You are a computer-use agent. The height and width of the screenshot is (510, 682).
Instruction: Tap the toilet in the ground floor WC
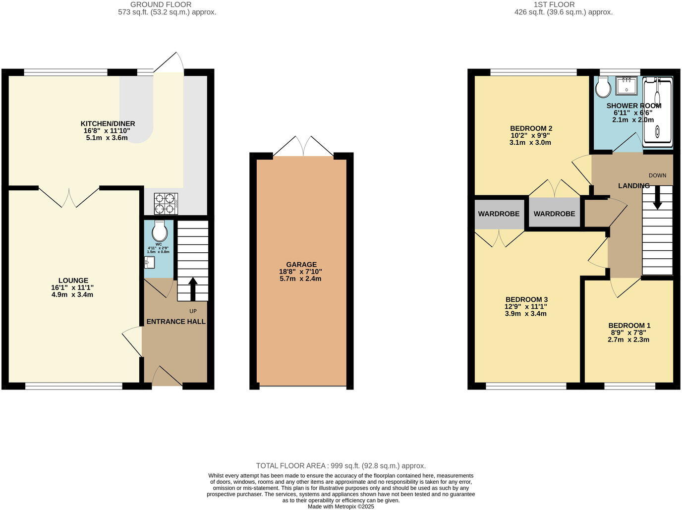point(159,231)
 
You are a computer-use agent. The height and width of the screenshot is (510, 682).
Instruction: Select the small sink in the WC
point(150,262)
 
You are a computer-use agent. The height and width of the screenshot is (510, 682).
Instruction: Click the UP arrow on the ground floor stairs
point(192,289)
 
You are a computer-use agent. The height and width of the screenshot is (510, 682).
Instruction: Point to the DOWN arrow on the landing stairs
point(657,197)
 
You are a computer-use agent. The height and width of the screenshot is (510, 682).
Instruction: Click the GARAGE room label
point(301,265)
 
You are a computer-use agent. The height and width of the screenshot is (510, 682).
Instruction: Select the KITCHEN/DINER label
point(108,124)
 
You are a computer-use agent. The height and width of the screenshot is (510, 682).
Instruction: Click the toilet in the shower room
point(603,88)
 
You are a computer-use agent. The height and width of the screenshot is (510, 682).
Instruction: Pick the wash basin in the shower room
point(626,86)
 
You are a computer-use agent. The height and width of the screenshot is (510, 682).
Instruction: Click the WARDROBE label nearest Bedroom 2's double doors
point(554,214)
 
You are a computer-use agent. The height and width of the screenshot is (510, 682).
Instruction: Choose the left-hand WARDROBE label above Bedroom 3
point(499,214)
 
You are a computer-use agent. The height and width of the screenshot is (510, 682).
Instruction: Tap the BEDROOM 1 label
point(629,326)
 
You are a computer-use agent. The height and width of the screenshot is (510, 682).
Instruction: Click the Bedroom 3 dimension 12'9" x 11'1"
point(526,306)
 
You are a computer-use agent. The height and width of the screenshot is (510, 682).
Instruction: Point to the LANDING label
point(633,185)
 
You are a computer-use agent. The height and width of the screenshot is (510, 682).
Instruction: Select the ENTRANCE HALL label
point(176,322)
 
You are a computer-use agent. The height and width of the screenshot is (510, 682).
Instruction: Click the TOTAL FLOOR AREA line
point(341,466)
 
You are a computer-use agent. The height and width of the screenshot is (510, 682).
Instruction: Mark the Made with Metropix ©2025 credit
point(341,507)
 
